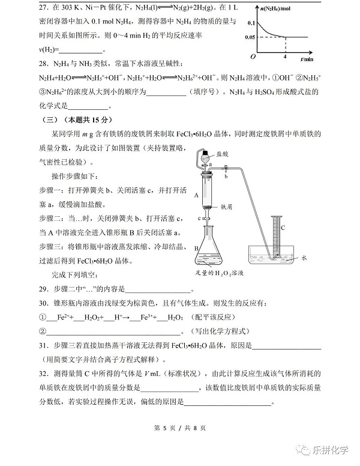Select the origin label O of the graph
coord(253,56)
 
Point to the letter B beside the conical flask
coord(196,247)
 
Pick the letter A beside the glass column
coord(196,195)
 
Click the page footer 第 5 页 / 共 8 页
coord(179,428)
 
